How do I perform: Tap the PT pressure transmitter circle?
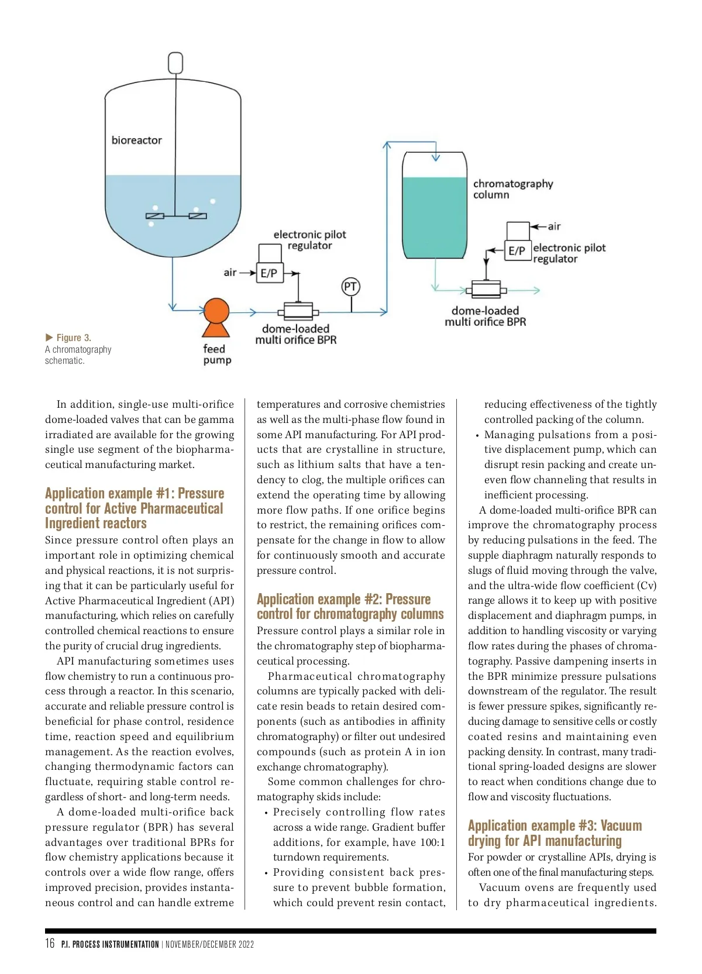[x=350, y=287]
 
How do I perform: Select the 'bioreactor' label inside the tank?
[x=136, y=140]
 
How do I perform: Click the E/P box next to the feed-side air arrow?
[x=269, y=273]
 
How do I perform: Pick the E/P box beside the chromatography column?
[x=517, y=250]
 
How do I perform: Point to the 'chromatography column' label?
[x=512, y=189]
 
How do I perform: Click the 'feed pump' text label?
[x=216, y=355]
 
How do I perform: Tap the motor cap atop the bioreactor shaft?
[x=175, y=63]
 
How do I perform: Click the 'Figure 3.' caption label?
[x=73, y=338]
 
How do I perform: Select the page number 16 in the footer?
[x=50, y=943]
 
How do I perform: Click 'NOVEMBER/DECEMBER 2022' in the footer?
[x=209, y=944]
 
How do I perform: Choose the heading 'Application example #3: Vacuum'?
[x=555, y=825]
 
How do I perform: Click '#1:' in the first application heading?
[x=166, y=494]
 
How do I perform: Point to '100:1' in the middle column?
[x=432, y=842]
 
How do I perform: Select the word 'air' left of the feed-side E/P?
[x=230, y=272]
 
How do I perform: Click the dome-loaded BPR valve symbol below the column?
[x=486, y=289]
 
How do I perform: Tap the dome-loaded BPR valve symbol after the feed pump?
[x=298, y=311]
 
